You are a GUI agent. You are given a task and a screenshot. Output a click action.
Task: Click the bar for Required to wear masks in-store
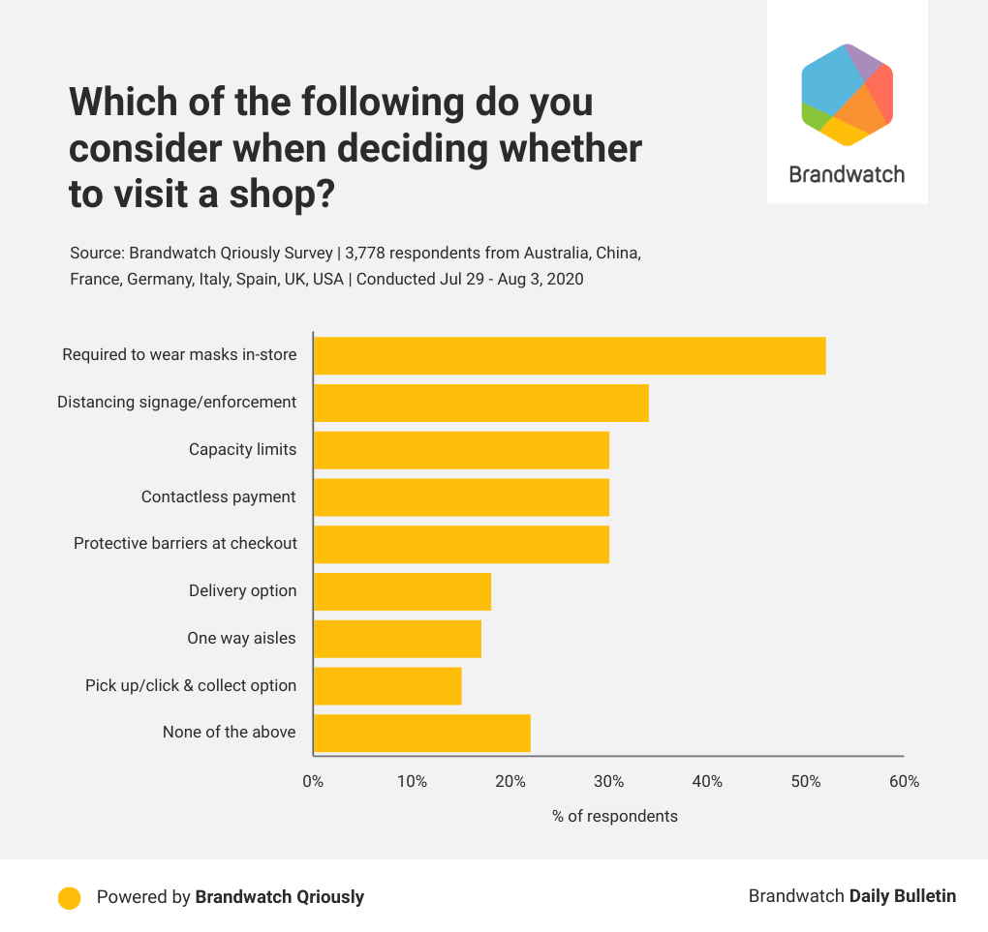570,355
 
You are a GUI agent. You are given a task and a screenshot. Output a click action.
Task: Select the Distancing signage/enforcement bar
480,403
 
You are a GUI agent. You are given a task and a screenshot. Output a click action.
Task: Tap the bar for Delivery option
402,591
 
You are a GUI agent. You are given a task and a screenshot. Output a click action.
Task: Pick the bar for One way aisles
397,639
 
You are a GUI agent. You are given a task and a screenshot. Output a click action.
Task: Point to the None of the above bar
421,733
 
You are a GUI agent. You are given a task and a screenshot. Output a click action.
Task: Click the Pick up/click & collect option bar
387,685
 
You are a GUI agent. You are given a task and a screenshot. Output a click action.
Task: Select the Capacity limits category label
242,450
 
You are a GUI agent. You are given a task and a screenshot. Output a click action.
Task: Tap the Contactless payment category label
218,497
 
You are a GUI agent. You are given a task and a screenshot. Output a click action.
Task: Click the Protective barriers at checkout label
185,544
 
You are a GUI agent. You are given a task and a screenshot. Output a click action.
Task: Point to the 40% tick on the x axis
707,782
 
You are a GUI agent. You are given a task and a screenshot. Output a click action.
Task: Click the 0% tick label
313,782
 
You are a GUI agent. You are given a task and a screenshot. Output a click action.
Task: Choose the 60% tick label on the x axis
904,782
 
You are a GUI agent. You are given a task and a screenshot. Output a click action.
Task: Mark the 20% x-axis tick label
510,782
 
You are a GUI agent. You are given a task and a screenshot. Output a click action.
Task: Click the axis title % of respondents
615,816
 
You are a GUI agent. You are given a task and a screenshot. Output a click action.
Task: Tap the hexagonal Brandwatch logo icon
847,95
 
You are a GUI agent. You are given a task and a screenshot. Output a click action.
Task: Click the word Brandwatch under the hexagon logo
847,175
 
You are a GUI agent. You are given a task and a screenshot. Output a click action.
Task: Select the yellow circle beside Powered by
69,897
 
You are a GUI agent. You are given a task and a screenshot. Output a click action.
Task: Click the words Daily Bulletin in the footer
903,896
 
